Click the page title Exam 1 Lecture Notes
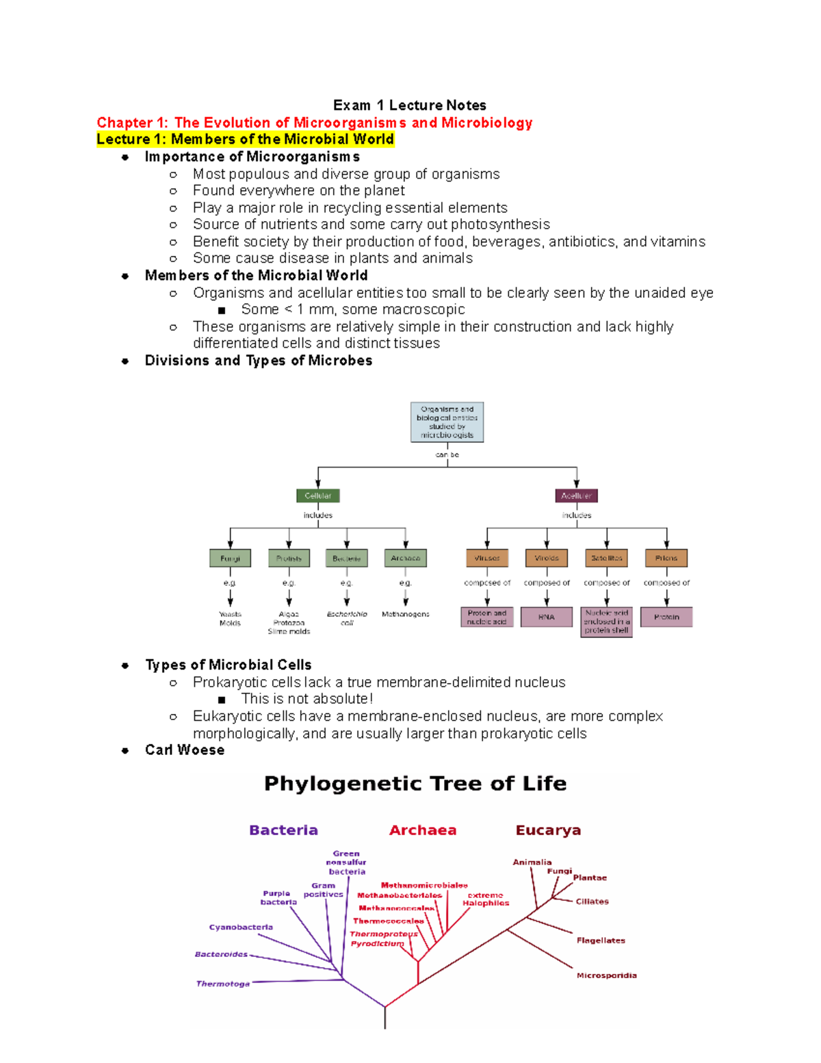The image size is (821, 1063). click(409, 105)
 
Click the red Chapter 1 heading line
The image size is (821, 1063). click(314, 123)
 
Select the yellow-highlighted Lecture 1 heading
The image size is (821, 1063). click(245, 140)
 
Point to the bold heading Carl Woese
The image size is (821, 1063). click(185, 750)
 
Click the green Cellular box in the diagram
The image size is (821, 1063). click(318, 496)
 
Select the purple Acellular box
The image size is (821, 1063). click(576, 496)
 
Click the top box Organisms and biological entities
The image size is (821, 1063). click(447, 422)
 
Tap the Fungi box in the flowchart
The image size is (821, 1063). click(230, 559)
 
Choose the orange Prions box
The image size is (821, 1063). click(666, 559)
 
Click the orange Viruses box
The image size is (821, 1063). click(486, 559)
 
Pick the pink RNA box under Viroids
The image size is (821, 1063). click(546, 617)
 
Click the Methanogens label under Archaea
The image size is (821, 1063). click(406, 615)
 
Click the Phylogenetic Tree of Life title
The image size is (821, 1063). click(415, 784)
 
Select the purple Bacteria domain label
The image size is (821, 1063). click(283, 830)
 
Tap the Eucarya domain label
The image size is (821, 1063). click(548, 830)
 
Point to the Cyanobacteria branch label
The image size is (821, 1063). click(241, 927)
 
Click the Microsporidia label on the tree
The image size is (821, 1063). click(606, 975)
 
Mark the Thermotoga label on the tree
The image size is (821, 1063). click(223, 984)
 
